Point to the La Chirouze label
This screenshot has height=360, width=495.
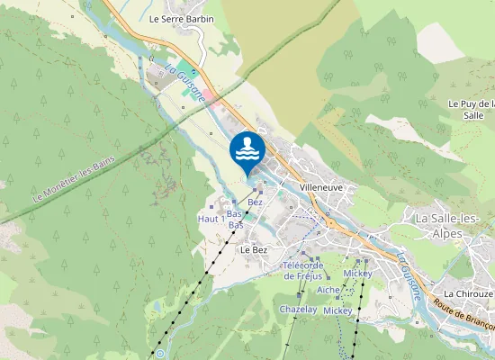point(468,293)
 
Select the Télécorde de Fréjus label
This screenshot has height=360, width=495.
point(302,270)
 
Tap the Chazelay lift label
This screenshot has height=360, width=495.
point(298,309)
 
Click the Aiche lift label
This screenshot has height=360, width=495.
point(328,290)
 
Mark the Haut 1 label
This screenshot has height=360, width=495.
point(211,219)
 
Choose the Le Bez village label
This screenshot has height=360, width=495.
point(254,249)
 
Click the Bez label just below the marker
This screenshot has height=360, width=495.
point(255,202)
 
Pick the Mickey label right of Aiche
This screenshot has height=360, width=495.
point(358,273)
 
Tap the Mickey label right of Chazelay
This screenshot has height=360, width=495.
point(338,310)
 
